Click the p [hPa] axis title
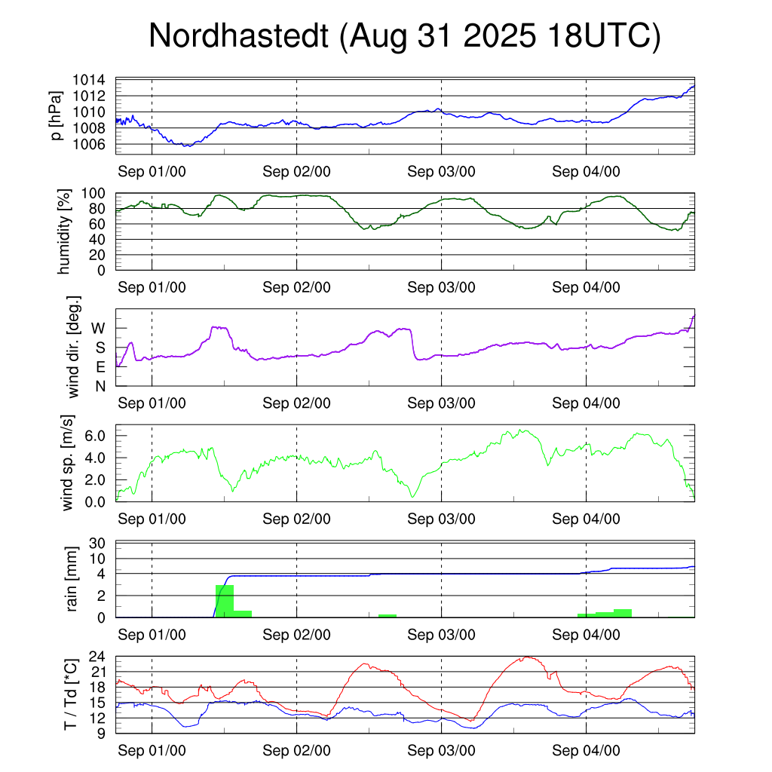tap(57, 115)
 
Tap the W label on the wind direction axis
tap(98, 328)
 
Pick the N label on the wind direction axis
tap(100, 386)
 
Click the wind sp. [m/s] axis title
tap(67, 463)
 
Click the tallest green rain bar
tap(224, 601)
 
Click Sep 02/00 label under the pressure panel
tap(296, 171)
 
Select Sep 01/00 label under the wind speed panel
tap(152, 519)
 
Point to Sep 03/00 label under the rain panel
tap(441, 635)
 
